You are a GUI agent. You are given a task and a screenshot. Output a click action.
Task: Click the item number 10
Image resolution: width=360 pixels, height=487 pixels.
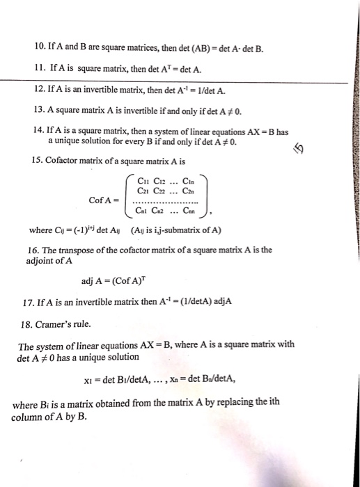(x=38, y=49)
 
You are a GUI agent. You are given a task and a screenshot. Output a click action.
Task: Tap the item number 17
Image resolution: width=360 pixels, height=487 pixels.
(x=29, y=302)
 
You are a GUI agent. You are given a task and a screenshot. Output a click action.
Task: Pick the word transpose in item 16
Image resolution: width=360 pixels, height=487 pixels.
(x=84, y=250)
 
